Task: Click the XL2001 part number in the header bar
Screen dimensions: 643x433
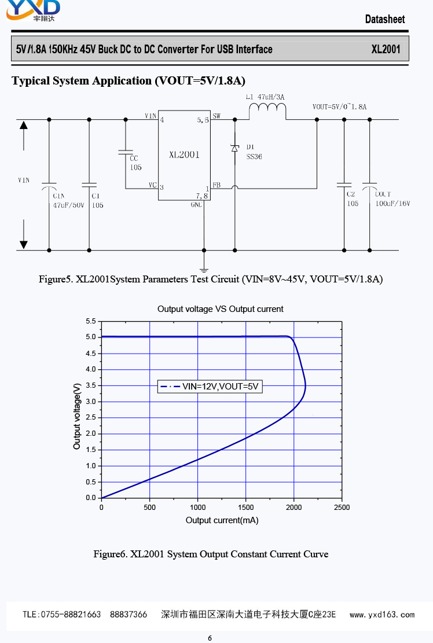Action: coord(386,49)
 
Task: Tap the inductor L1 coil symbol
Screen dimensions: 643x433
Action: coord(267,111)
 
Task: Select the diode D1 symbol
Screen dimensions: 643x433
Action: coord(234,148)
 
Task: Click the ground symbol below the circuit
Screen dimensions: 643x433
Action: coord(204,269)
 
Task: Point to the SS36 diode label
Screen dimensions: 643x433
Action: coord(254,156)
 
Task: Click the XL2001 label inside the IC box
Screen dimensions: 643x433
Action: coord(184,155)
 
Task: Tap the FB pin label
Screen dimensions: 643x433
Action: coord(216,185)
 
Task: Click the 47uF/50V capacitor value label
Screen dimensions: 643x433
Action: coord(69,205)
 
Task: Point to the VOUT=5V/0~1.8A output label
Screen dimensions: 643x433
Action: coord(339,107)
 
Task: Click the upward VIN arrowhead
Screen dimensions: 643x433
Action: coord(23,124)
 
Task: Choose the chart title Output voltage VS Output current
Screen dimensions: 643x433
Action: coord(220,309)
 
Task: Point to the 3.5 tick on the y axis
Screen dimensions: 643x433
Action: coord(91,385)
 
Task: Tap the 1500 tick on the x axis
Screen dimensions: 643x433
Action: coord(245,508)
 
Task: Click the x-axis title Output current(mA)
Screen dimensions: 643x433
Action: coord(222,520)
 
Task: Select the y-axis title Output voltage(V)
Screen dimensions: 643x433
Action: coord(78,416)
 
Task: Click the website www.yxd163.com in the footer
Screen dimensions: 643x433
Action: coord(382,615)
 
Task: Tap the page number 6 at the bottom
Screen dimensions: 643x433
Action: coord(210,638)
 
